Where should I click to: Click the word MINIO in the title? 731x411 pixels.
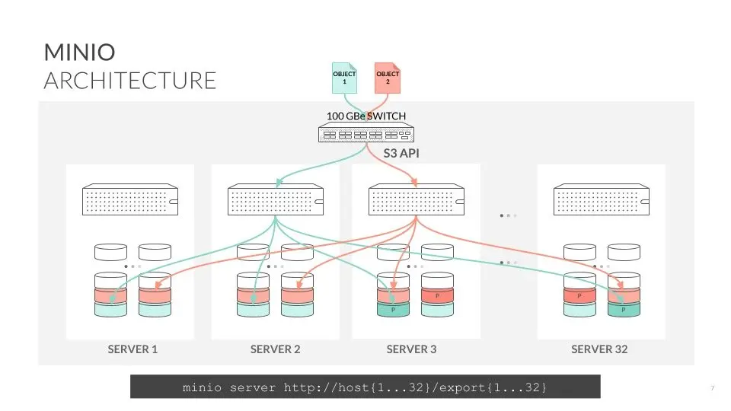coord(79,53)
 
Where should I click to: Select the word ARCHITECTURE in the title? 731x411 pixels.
coord(130,81)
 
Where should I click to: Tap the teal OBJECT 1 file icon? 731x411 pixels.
coord(344,78)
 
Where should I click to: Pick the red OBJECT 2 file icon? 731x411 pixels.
coord(388,78)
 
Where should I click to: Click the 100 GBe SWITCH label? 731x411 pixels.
coord(366,116)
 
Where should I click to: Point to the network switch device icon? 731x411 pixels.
coord(366,132)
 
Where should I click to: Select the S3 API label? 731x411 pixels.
coord(401,153)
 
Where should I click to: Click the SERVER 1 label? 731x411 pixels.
coord(132,349)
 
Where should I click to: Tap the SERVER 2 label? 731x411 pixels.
coord(275,349)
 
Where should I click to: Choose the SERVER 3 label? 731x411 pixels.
coord(412,349)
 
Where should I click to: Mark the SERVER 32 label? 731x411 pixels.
coord(599,349)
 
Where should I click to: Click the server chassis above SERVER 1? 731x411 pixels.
coord(130,199)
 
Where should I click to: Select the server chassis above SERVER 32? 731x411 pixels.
coord(602,199)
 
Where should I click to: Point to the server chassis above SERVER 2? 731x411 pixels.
coord(276,199)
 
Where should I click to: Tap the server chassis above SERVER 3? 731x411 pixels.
coord(417,199)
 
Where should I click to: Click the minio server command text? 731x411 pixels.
coord(365,387)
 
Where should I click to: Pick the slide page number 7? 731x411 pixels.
coord(713,387)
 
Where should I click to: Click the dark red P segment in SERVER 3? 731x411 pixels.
coord(437,296)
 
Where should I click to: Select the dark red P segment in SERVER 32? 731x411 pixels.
coord(579,296)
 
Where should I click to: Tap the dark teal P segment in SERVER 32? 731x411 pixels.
coord(624,310)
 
